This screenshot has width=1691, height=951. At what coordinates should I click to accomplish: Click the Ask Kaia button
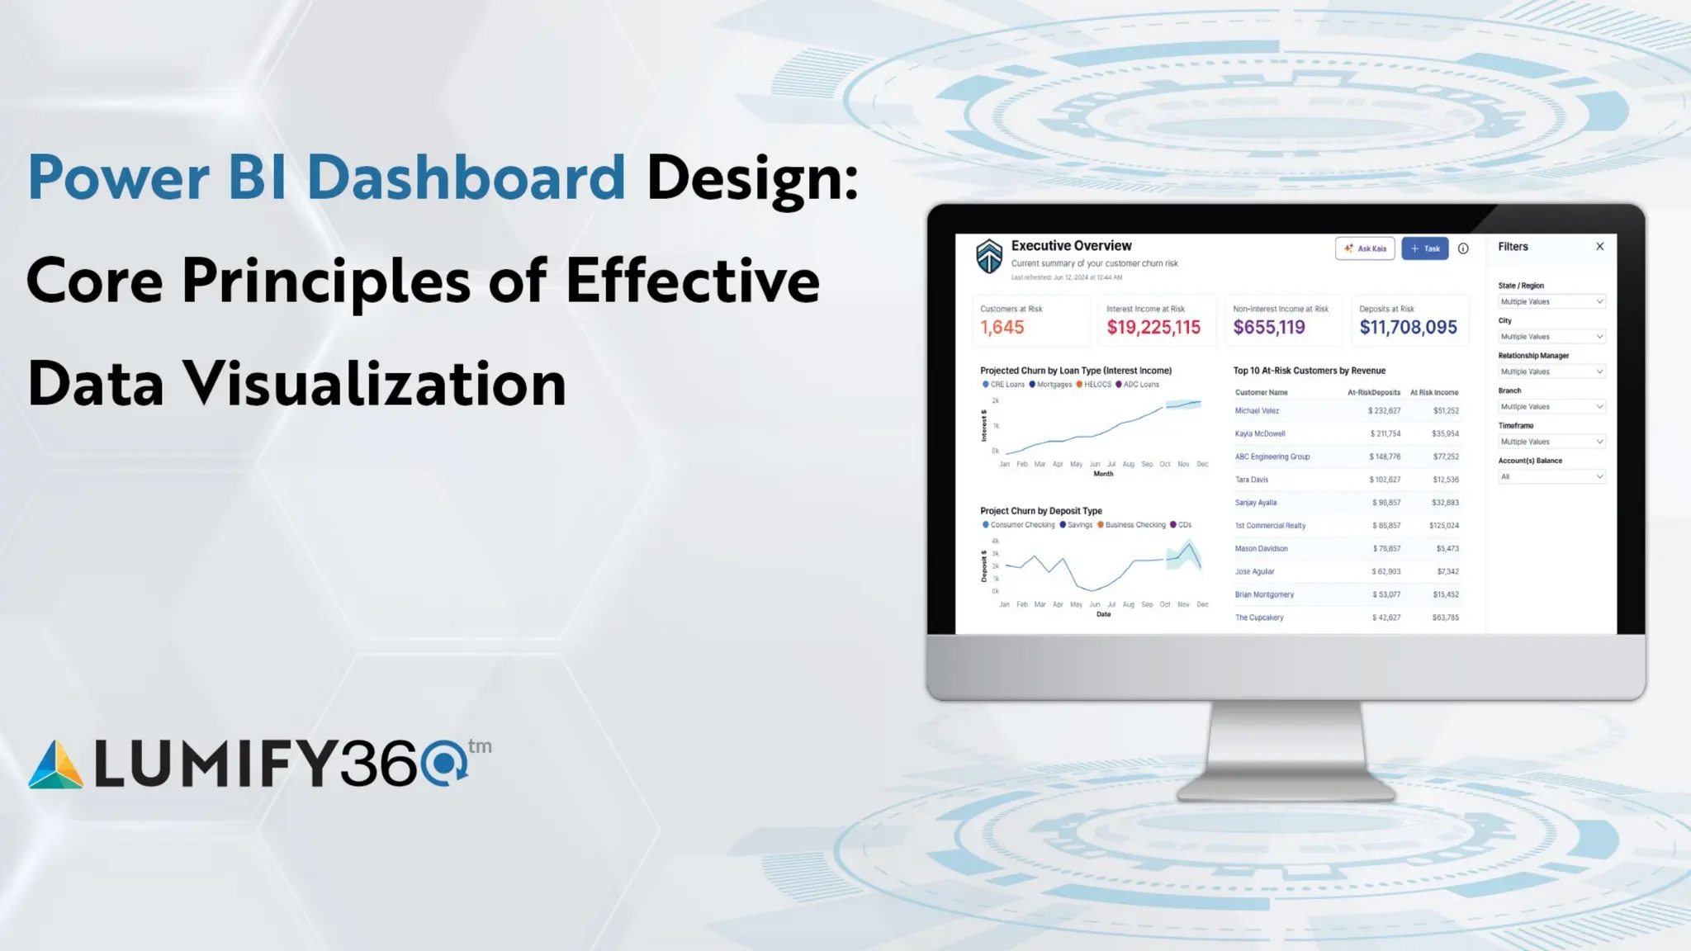coord(1365,248)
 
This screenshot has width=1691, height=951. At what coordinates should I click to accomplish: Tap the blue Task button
coord(1424,248)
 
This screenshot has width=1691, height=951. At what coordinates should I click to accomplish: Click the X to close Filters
coord(1599,246)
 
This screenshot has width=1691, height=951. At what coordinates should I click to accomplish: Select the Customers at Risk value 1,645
coord(1002,327)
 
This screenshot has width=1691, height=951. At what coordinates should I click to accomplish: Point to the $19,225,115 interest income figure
coord(1153,327)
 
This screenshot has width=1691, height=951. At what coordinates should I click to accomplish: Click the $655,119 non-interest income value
coord(1269,327)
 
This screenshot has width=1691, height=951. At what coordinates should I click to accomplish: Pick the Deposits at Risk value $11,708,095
coord(1408,327)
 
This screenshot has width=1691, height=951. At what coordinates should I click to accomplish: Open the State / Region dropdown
coord(1551,301)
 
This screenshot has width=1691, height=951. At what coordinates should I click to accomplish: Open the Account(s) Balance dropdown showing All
coord(1551,476)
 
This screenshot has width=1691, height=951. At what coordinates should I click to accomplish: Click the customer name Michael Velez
coord(1257,410)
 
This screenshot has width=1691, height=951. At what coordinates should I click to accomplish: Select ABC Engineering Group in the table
coord(1272,457)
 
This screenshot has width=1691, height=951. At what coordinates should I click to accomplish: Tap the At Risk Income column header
coord(1433,392)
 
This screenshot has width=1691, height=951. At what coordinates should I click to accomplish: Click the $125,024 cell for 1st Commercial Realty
coord(1443,525)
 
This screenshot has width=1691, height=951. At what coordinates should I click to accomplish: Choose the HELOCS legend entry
coord(1097,385)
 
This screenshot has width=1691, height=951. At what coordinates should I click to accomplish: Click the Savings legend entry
coord(1078,525)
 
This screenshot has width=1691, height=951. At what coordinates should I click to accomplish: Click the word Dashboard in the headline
coord(466,177)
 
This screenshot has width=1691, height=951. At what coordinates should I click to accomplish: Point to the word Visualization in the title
coord(374,384)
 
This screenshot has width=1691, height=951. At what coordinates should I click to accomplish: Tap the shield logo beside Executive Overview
coord(988,256)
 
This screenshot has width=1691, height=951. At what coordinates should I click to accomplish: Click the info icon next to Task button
coord(1463,248)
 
